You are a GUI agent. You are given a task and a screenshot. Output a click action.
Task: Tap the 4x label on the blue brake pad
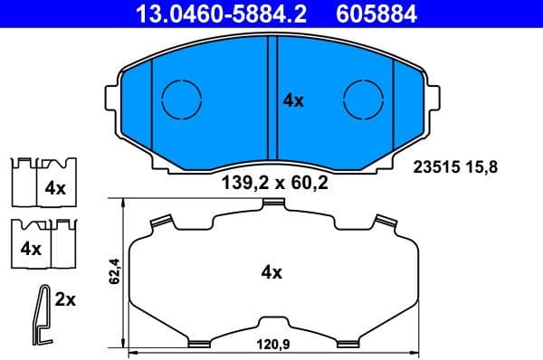[x=293, y=101]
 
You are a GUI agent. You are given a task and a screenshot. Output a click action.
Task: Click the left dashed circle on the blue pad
[x=181, y=99]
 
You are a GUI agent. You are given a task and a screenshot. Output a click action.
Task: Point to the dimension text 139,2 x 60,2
[x=274, y=183]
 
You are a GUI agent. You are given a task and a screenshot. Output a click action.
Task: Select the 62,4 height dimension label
[x=115, y=270]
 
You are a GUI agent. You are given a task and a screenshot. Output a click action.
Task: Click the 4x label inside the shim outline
[x=272, y=270]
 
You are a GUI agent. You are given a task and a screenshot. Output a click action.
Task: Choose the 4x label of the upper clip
[x=55, y=190]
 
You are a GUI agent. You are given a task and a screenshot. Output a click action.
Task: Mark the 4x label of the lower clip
[x=32, y=248]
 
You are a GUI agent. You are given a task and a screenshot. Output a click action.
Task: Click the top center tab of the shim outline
[x=273, y=204]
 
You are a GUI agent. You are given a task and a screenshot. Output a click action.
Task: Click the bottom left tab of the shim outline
[x=197, y=343]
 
